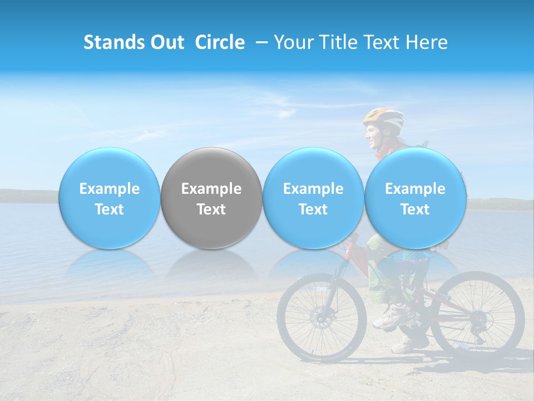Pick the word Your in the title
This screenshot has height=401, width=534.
[x=293, y=42]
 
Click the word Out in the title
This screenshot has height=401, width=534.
[x=167, y=42]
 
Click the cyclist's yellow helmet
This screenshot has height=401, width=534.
[x=384, y=118]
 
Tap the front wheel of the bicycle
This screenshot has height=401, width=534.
[x=322, y=318]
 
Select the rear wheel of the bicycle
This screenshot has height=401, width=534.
[x=477, y=317]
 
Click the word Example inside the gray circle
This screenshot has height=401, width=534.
[x=211, y=189]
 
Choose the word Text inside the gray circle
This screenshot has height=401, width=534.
[x=211, y=209]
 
